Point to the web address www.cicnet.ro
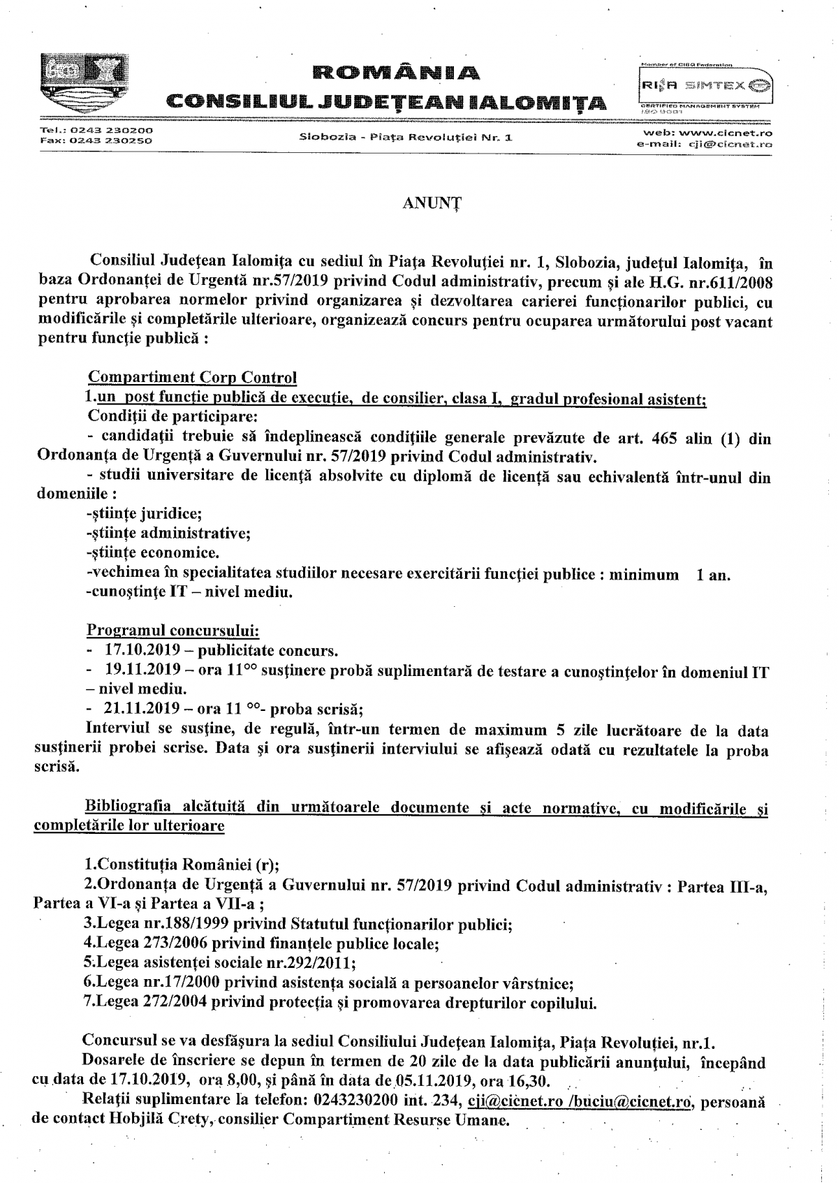(x=727, y=132)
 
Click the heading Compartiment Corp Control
(x=192, y=378)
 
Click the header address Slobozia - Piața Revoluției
(x=406, y=137)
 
